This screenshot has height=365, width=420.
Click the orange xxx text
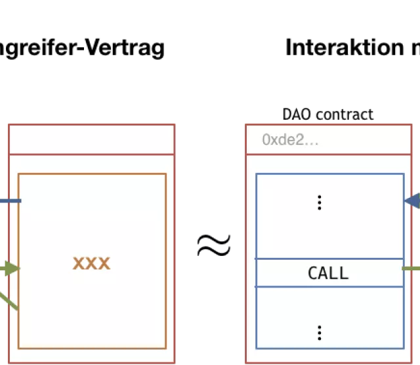point(91,264)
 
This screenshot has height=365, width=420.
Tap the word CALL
point(328,273)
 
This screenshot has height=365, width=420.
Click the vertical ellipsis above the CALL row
point(320,203)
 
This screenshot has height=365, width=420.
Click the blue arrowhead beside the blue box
point(413,201)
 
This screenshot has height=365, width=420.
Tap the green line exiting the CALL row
point(411,268)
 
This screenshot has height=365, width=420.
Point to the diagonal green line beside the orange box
point(9,303)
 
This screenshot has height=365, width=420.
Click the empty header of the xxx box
point(91,139)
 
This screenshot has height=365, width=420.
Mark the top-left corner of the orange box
point(18,174)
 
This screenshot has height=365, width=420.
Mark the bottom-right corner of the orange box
point(165,348)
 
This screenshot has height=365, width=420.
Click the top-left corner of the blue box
point(256,174)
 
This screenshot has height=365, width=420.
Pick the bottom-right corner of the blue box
point(403,348)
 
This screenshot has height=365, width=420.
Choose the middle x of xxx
point(91,264)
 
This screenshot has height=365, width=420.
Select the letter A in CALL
point(324,273)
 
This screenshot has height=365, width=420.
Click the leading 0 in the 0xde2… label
point(265,139)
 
